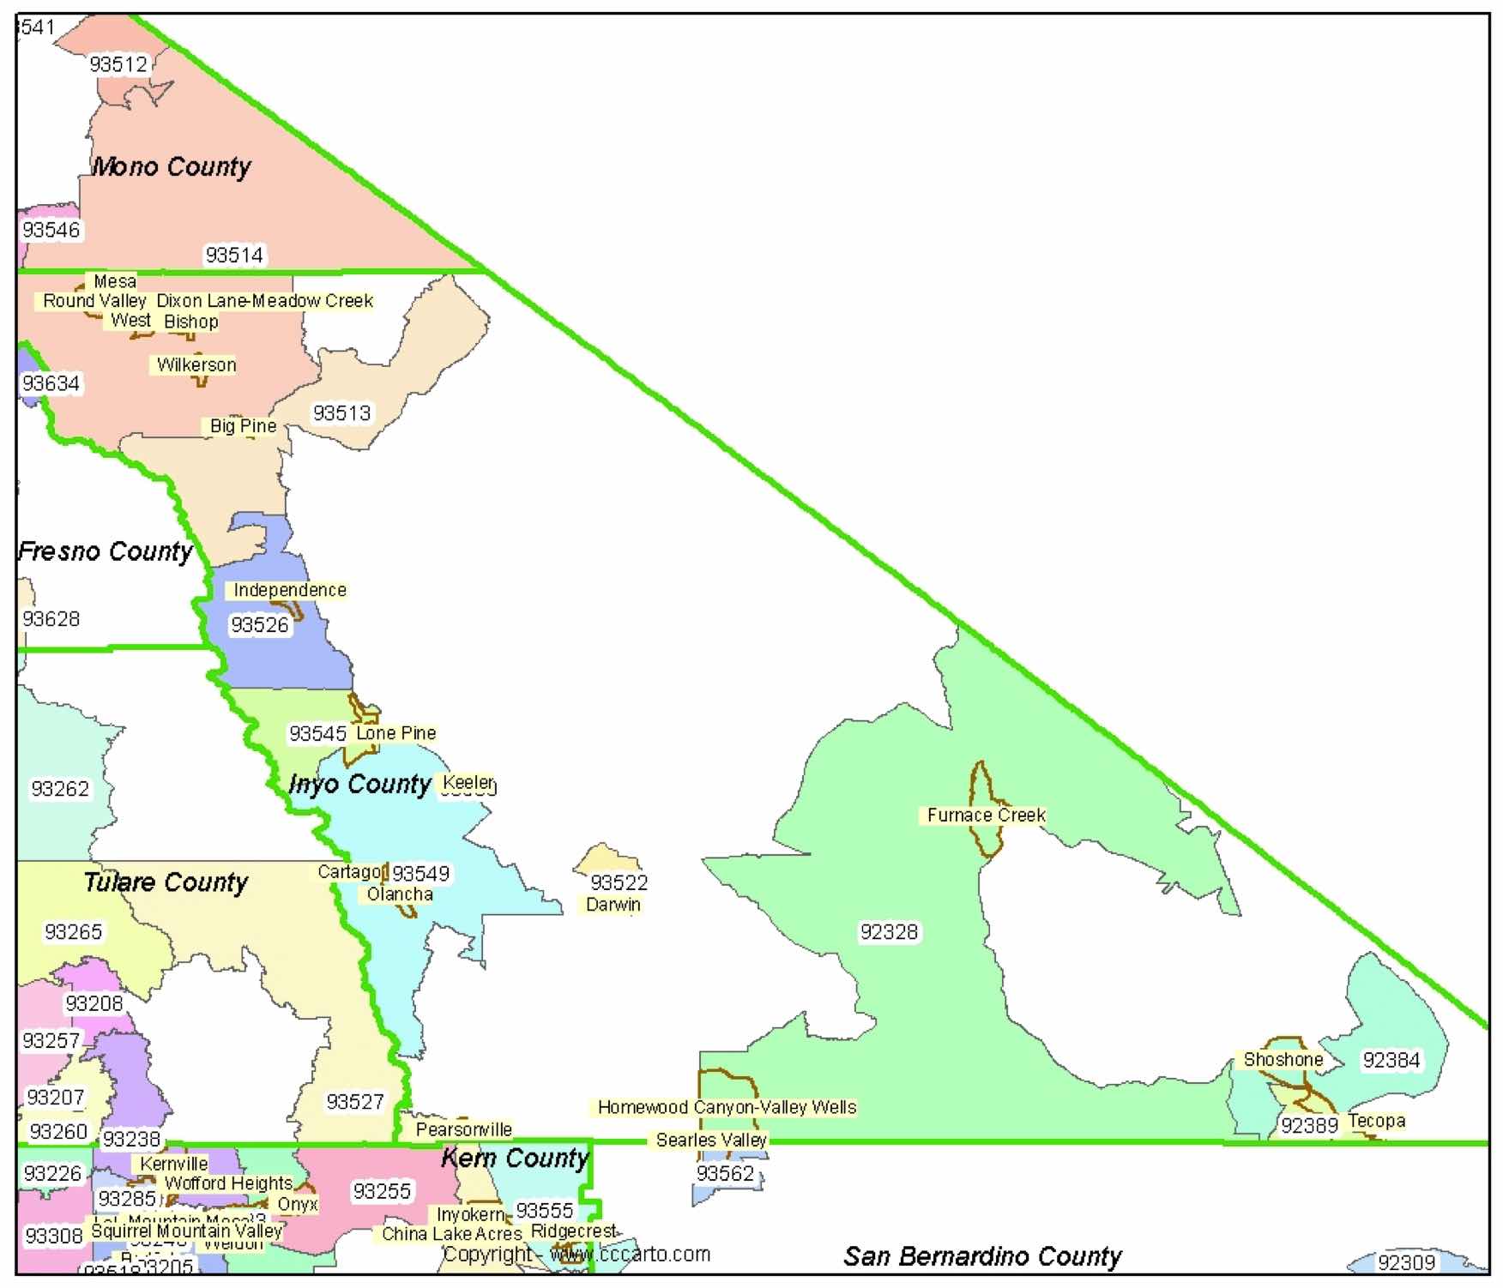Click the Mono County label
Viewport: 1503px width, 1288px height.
click(171, 166)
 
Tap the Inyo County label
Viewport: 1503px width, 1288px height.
click(359, 784)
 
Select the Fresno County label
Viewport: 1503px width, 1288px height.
click(106, 551)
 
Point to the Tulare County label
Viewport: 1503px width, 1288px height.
click(166, 882)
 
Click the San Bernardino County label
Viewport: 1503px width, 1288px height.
click(982, 1256)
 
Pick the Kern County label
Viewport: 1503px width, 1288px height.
click(515, 1159)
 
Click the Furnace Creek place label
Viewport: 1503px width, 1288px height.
click(986, 816)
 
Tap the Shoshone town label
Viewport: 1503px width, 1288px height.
click(1283, 1060)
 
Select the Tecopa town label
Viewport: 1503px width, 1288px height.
click(1376, 1121)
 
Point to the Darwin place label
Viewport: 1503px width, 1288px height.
click(613, 905)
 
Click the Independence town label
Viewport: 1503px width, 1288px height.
click(290, 590)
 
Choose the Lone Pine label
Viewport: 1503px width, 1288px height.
click(395, 733)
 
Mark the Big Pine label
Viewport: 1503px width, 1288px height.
click(243, 426)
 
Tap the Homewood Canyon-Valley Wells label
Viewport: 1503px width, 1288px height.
click(727, 1107)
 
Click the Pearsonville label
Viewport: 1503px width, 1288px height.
click(463, 1129)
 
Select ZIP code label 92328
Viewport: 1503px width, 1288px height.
click(889, 932)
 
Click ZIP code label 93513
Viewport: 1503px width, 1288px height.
click(341, 413)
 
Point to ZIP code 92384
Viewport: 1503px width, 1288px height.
click(1391, 1061)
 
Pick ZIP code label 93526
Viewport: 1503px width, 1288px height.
click(259, 625)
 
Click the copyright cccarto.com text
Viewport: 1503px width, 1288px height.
click(576, 1255)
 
